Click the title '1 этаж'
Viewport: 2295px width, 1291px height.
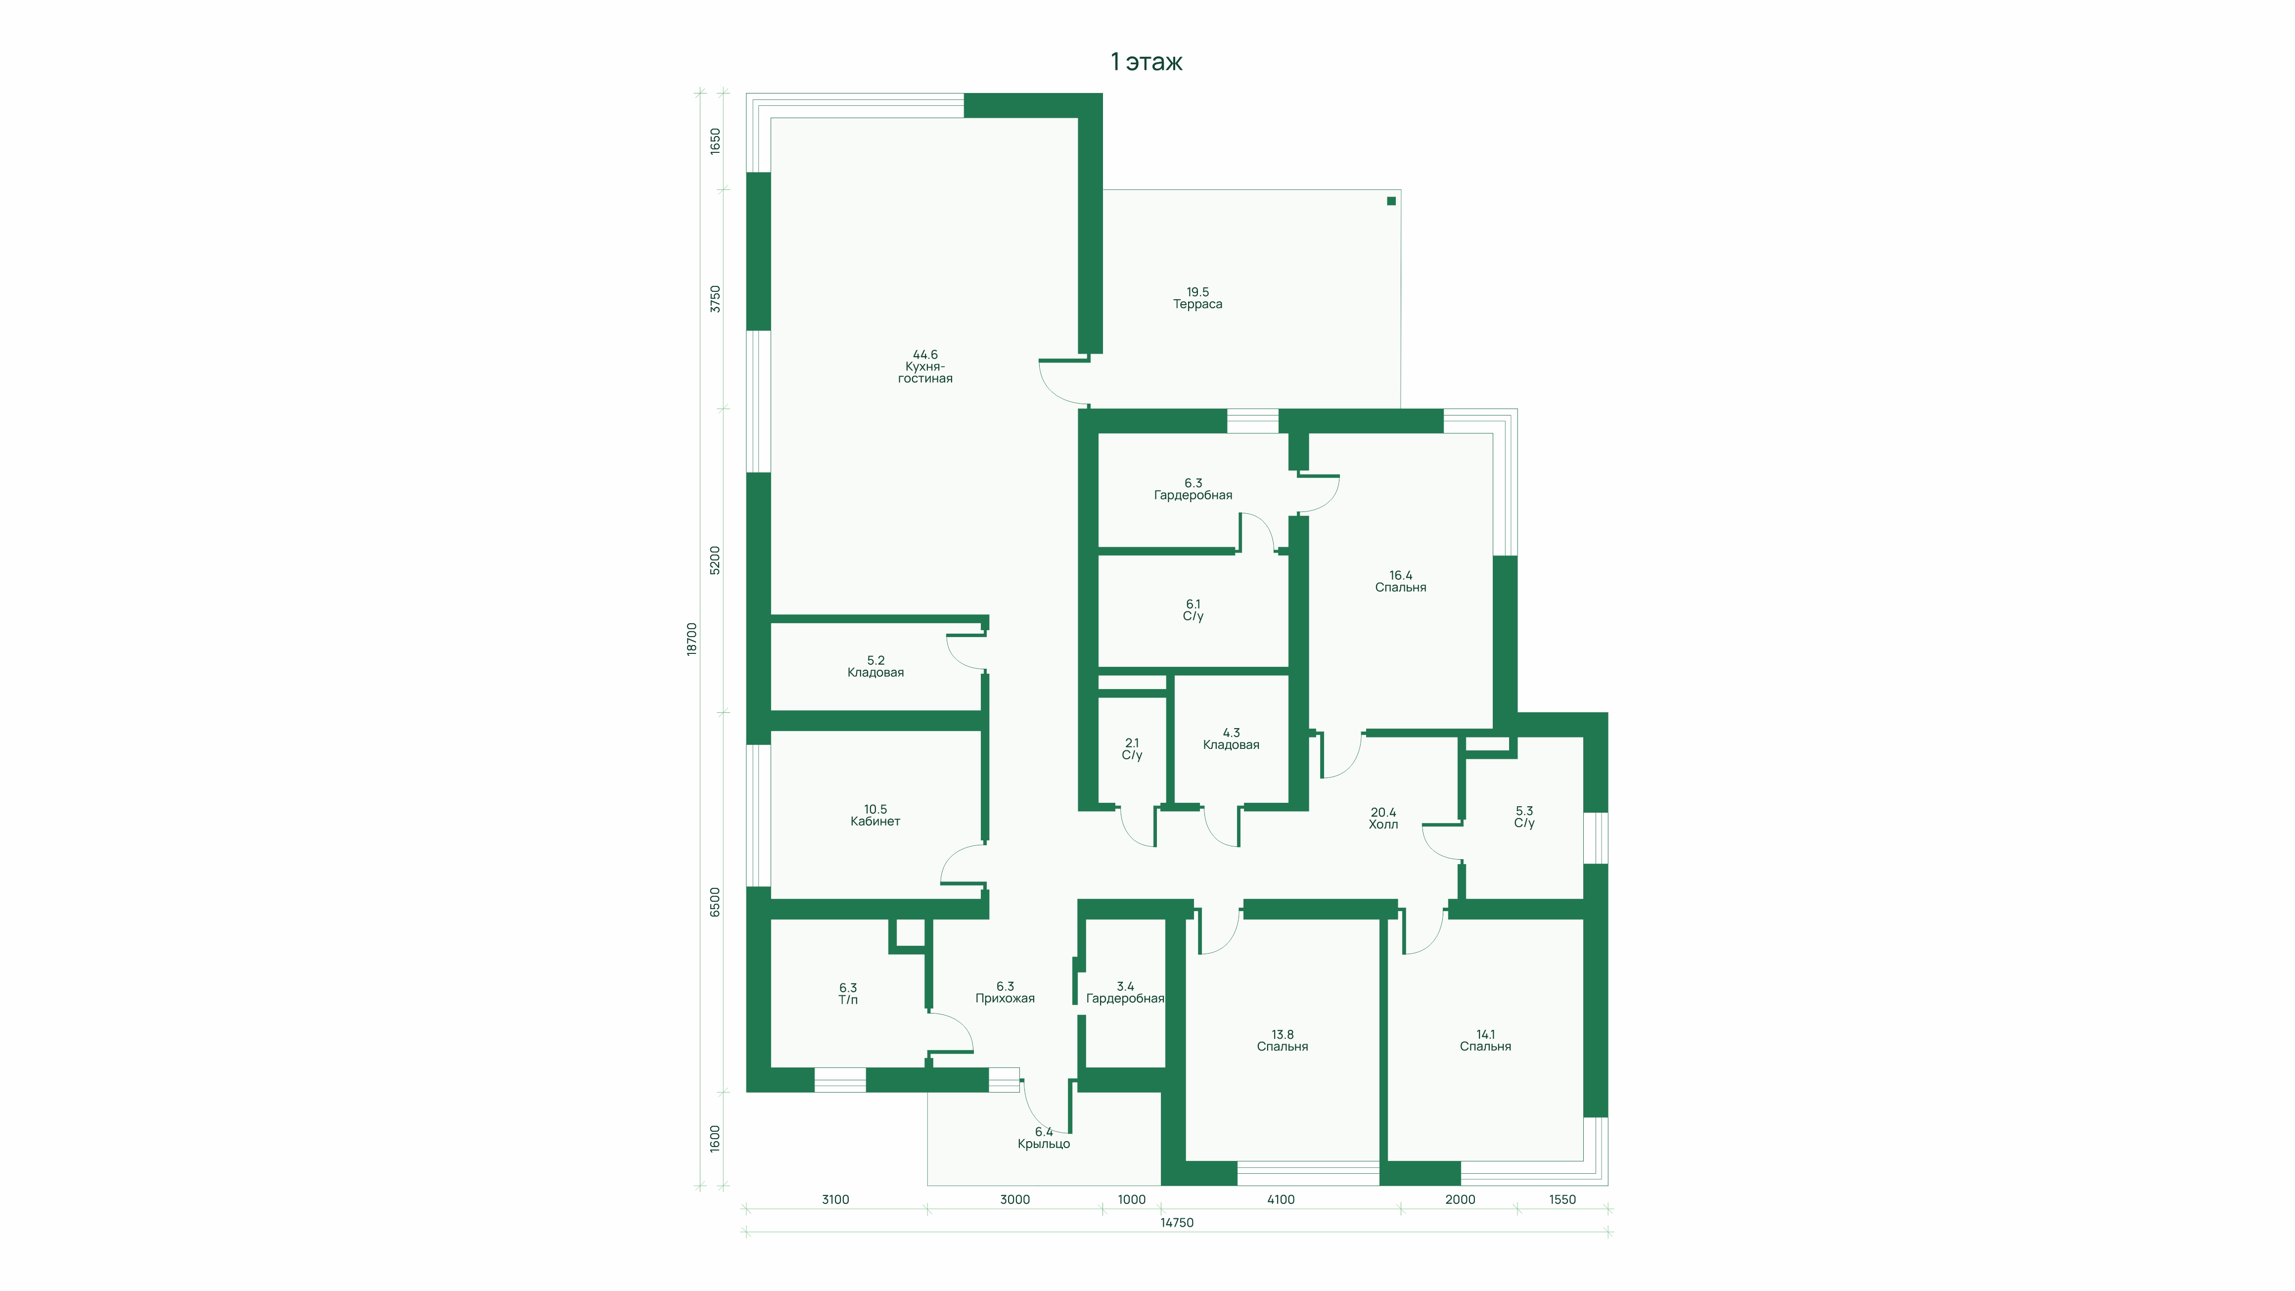[1147, 61]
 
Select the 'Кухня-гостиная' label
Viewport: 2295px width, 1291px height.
[925, 372]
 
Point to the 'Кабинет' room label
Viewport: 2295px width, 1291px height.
[875, 822]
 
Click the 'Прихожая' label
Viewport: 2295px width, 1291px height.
[1005, 999]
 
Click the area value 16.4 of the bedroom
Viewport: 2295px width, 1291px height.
[1401, 576]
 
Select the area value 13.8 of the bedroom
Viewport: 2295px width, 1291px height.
[1282, 1034]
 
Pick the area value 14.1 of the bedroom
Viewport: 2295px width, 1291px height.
[1485, 1034]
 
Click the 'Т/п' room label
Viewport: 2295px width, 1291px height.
[848, 1000]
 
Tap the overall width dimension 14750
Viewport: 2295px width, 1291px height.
[1177, 1222]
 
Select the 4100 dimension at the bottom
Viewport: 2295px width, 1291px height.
[1280, 1199]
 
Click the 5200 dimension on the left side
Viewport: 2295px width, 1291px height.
[715, 560]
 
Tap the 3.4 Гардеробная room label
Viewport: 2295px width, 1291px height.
[1125, 993]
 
